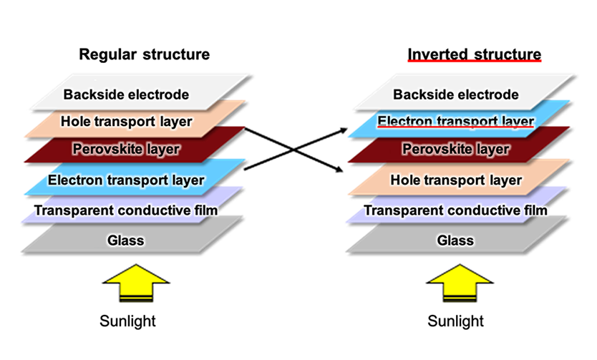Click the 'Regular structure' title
tap(145, 55)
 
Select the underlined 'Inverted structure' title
tap(475, 54)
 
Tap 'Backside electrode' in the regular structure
tap(126, 94)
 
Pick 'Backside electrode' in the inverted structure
tap(456, 94)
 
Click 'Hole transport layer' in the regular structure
tap(127, 122)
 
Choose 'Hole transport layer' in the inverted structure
tap(456, 180)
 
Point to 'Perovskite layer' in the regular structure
tap(126, 149)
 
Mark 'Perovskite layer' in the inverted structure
tap(456, 149)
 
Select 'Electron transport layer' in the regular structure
tap(126, 180)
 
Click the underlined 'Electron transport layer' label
tap(456, 122)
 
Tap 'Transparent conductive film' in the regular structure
tap(126, 210)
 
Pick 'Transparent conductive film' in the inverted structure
tap(456, 210)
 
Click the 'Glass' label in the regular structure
tap(126, 240)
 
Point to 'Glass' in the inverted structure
tap(455, 240)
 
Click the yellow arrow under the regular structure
tap(136, 283)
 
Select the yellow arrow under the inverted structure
tap(460, 283)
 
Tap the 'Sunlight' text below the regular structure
tap(127, 321)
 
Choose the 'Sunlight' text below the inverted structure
tap(455, 321)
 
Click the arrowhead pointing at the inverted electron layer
tap(343, 130)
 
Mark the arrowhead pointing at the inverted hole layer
tap(339, 170)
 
